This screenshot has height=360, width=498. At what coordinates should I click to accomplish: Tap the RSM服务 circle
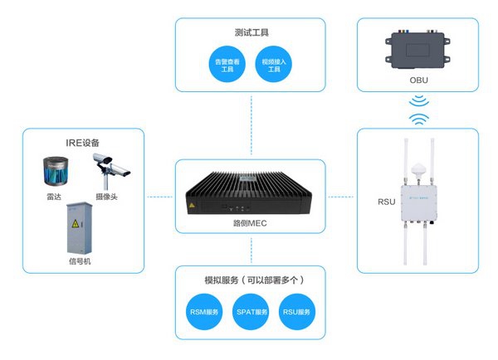(x=203, y=313)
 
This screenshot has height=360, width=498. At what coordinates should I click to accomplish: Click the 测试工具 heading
(x=250, y=33)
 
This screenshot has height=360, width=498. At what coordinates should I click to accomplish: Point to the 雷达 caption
(x=55, y=197)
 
